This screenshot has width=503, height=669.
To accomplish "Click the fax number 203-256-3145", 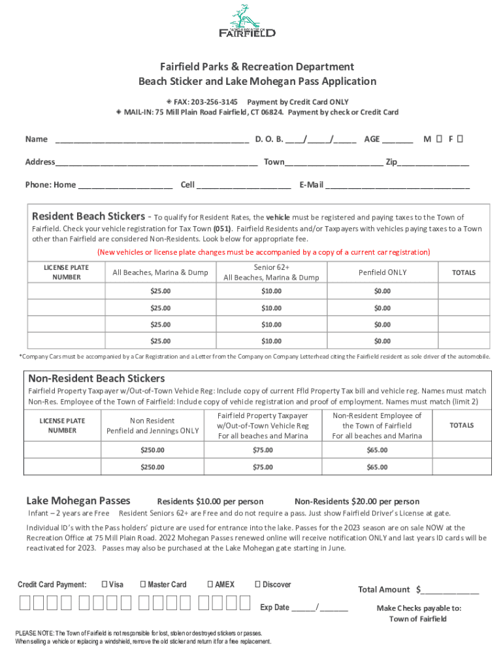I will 215,102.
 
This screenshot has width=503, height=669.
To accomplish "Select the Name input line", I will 152,139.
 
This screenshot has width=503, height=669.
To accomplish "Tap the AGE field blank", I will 397,139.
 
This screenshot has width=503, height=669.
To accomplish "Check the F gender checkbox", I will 461,139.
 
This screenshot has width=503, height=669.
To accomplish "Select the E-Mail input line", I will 397,185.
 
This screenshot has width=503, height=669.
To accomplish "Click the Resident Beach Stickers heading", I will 88,216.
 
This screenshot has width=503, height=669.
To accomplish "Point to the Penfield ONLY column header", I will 382,272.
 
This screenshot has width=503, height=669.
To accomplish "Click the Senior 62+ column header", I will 271,272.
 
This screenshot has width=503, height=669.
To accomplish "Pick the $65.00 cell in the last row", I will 377,467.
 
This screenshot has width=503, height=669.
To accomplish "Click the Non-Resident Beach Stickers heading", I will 96,378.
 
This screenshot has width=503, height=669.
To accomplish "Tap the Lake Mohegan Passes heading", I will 78,501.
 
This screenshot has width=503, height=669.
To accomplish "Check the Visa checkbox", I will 105,584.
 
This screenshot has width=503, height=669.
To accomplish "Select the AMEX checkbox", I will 210,584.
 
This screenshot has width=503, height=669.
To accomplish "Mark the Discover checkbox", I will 257,584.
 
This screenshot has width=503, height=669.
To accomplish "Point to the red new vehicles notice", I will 263,252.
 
